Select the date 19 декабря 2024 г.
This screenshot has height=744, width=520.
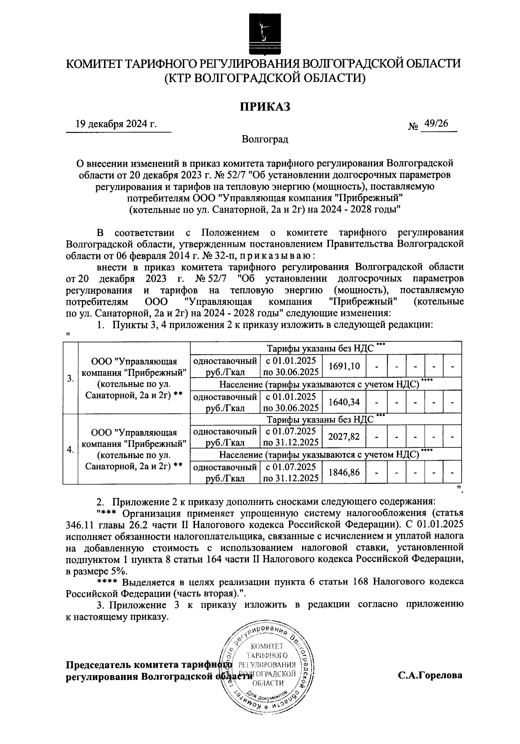tap(116, 124)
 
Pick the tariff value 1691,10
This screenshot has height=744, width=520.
tap(344, 366)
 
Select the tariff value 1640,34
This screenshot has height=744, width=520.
tap(344, 402)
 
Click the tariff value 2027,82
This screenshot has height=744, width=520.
tap(344, 437)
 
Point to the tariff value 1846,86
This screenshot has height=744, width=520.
tap(344, 472)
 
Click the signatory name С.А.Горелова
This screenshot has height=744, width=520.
tap(431, 675)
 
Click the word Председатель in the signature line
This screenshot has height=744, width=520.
tap(98, 666)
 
